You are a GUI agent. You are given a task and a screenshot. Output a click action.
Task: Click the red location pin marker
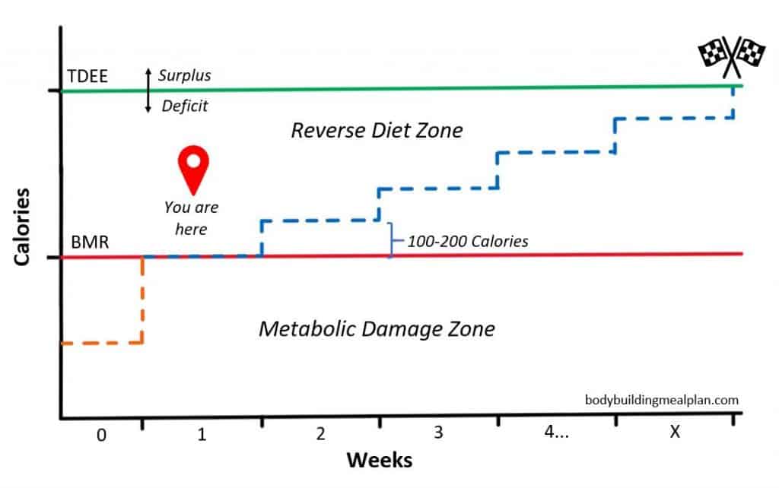coord(193,169)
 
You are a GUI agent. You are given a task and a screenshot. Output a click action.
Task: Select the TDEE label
coord(87,76)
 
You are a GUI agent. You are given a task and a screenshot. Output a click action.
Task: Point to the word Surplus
coord(185,76)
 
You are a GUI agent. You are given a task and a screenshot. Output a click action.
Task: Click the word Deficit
coord(185,106)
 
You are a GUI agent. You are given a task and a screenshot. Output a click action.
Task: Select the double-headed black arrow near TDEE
coord(148,90)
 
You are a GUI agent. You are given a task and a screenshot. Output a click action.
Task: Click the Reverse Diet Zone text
coord(377,130)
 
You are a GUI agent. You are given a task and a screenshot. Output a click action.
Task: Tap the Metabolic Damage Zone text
coord(377,328)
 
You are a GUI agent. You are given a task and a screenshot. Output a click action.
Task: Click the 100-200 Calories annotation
coord(467,242)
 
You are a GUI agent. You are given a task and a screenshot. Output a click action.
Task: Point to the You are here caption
coord(191,217)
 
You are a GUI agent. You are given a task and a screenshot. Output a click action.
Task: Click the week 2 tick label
coord(320,433)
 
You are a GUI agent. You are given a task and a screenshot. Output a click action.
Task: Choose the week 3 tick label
coord(438,433)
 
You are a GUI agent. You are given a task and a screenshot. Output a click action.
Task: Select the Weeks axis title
coord(380,460)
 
